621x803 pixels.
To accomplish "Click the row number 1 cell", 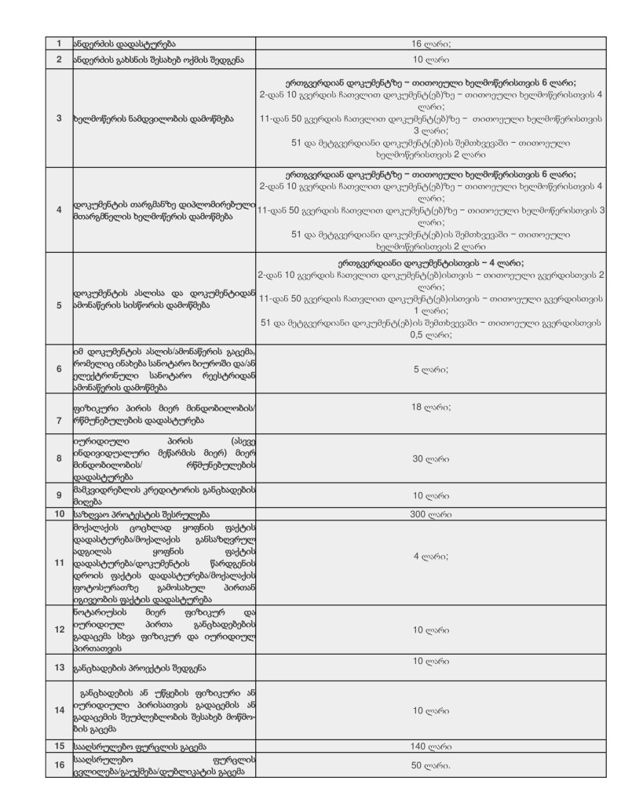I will (x=59, y=43).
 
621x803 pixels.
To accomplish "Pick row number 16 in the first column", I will (x=59, y=766).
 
